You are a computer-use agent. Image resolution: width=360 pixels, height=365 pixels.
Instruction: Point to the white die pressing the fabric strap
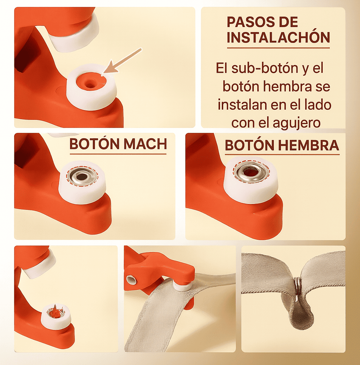click(182, 286)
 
